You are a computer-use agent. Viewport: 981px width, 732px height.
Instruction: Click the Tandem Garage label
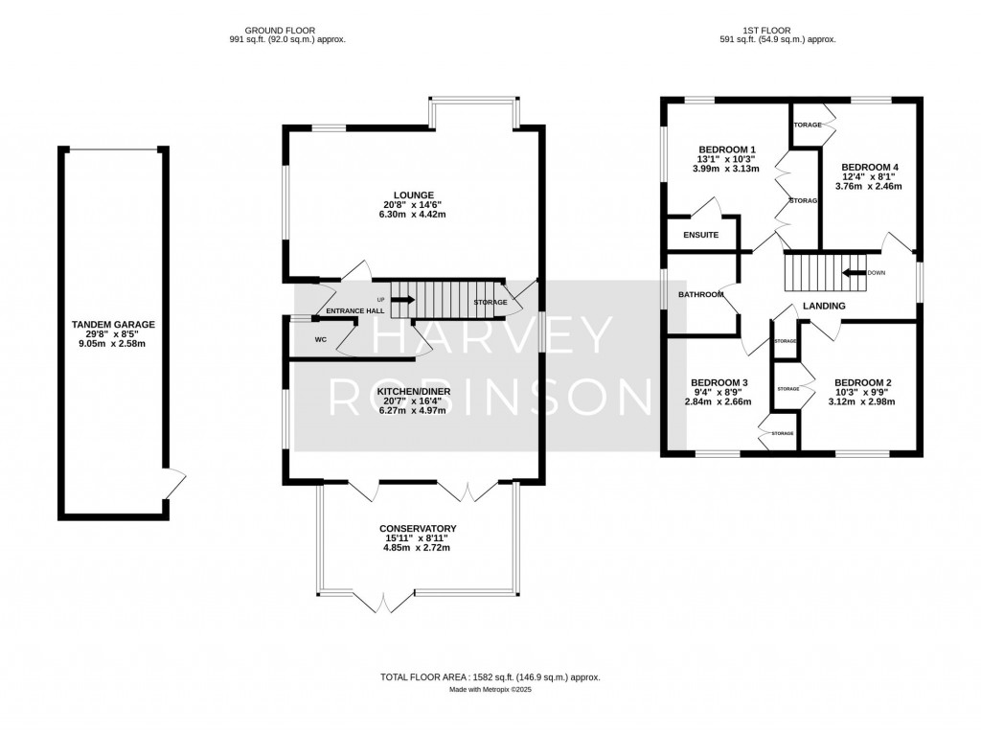113,325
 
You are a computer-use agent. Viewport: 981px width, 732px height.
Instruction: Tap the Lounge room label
412,194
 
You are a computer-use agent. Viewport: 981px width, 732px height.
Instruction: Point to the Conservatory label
417,529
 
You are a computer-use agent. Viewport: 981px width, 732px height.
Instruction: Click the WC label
321,340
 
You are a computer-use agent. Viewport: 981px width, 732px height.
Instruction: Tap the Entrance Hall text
354,311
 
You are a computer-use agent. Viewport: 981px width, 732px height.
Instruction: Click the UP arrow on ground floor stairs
401,300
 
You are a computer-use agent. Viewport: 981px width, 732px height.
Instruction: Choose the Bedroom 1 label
727,149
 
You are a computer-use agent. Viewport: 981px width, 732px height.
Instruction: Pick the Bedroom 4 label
869,168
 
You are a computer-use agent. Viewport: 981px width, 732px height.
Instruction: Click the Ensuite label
701,235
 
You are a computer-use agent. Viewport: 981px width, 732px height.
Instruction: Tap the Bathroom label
701,294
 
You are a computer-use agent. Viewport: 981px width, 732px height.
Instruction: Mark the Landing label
824,307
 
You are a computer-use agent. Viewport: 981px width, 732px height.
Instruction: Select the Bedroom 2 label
863,382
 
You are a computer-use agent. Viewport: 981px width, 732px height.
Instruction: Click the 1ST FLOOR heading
777,31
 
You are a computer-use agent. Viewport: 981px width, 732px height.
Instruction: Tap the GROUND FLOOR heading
279,31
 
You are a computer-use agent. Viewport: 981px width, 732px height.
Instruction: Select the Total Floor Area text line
490,677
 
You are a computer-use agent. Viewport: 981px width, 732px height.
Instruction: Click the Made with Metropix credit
490,690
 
